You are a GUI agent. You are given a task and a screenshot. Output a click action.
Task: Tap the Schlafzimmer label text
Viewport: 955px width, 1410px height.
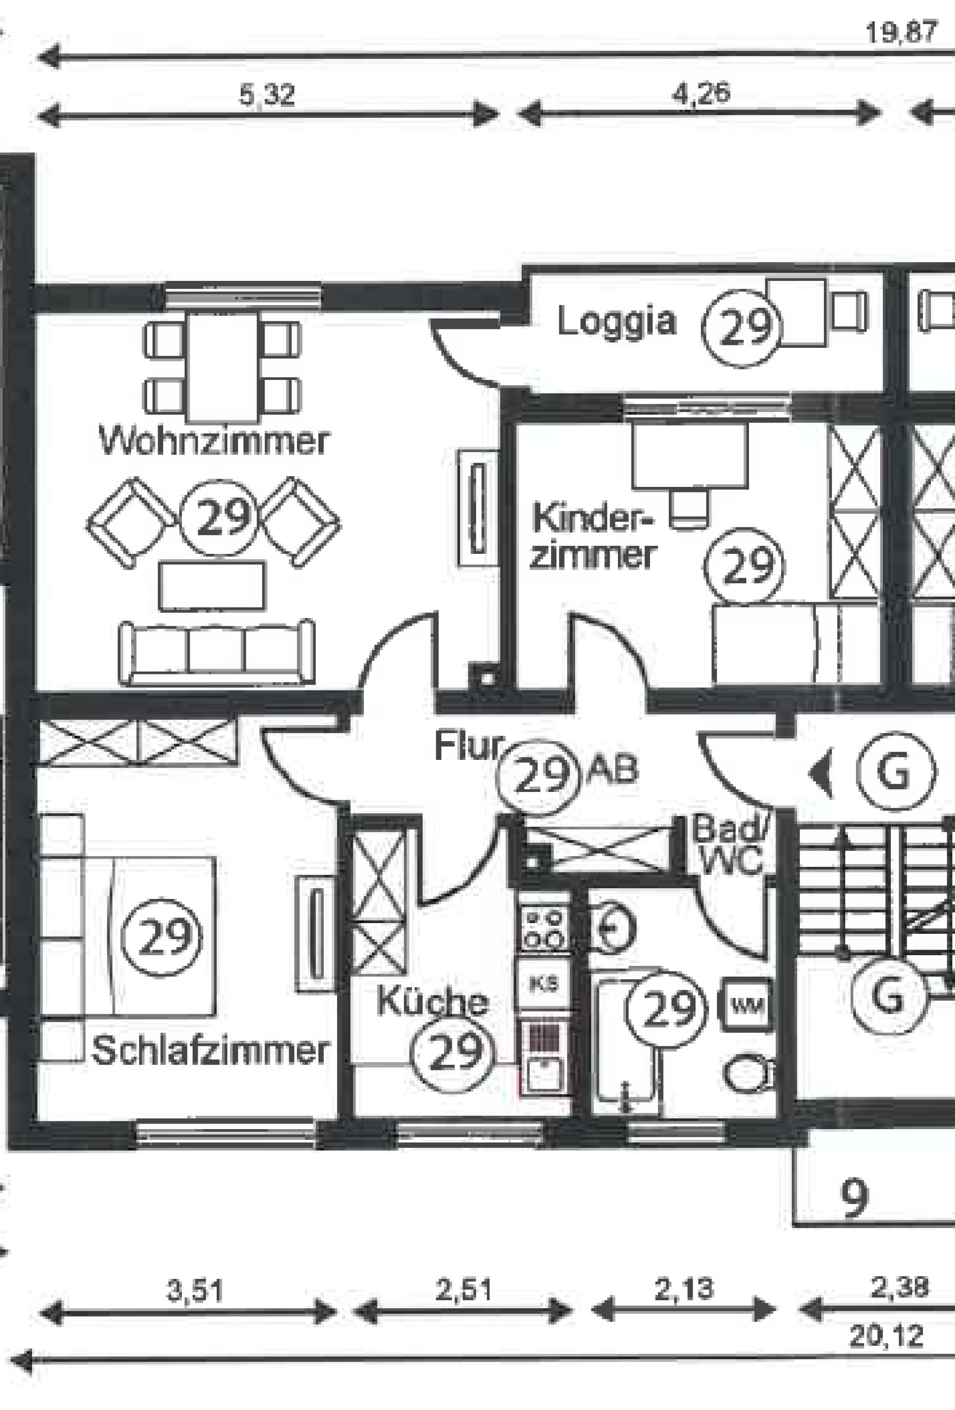(210, 1050)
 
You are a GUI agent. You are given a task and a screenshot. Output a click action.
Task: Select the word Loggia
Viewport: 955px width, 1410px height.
(617, 321)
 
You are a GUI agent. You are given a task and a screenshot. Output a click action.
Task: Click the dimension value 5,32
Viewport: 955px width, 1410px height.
(267, 95)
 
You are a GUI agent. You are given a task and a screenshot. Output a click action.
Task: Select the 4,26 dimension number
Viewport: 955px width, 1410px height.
(702, 93)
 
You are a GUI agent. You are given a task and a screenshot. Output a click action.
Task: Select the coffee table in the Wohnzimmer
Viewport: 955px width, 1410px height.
(212, 586)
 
